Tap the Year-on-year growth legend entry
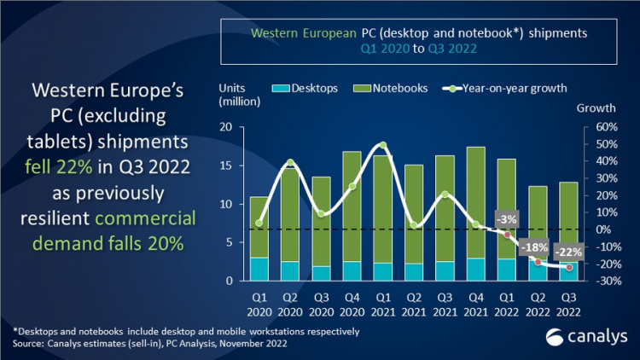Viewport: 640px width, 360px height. [x=504, y=88]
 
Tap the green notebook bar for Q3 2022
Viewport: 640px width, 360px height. [x=568, y=222]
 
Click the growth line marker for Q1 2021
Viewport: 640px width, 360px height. [x=383, y=146]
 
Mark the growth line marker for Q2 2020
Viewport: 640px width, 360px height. [x=290, y=162]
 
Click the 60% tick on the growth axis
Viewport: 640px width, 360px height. [x=595, y=127]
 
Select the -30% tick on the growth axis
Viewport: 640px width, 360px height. [x=595, y=281]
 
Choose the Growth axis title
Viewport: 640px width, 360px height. [x=596, y=109]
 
